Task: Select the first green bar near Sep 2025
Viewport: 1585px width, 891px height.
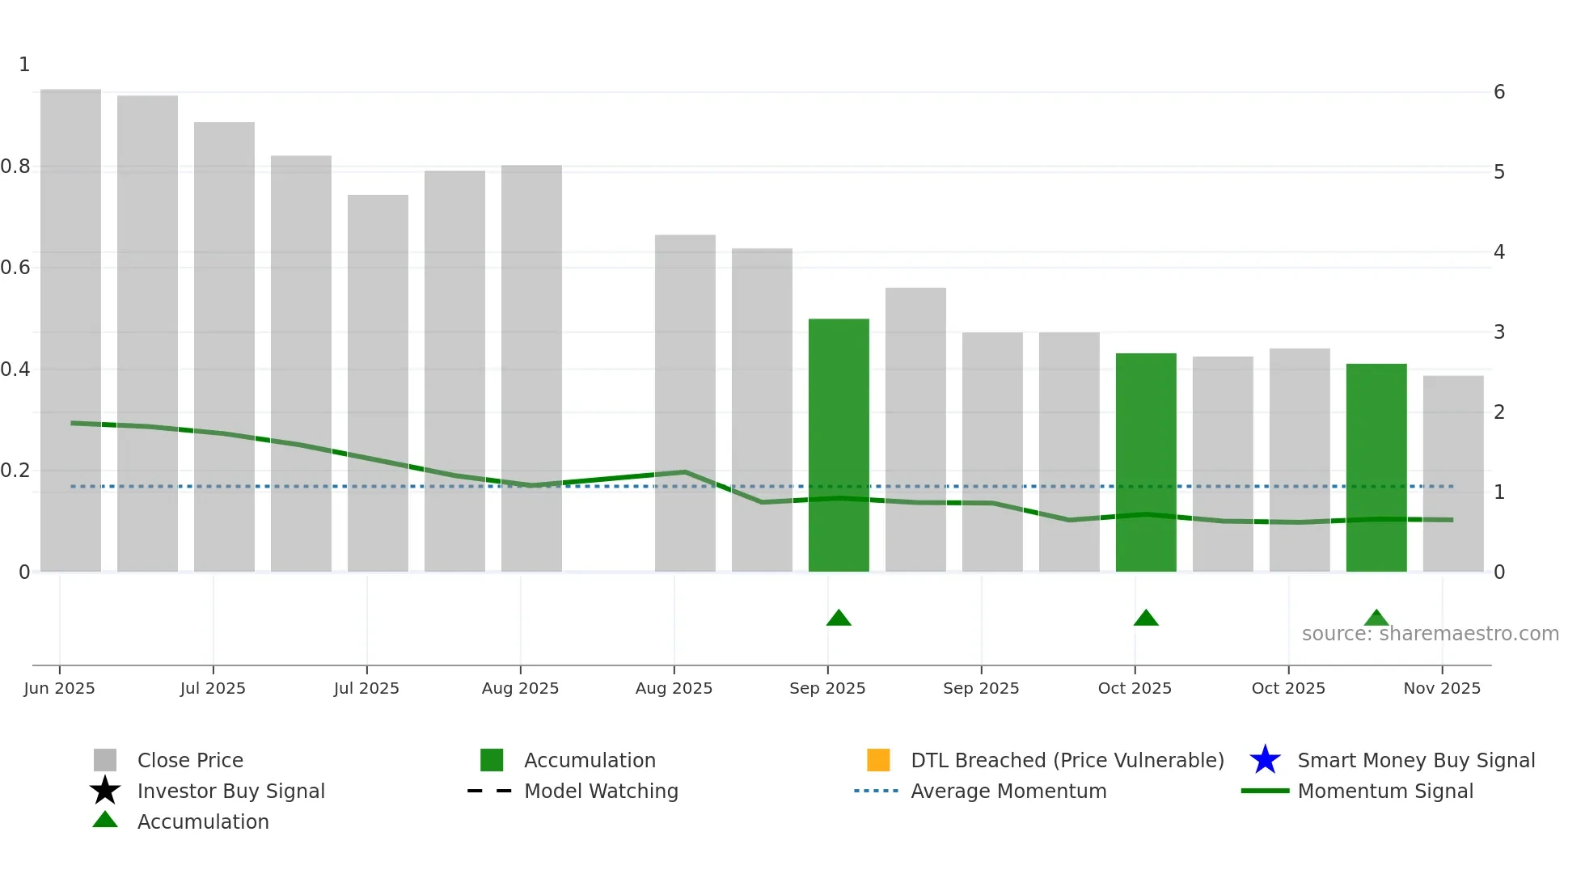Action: [839, 445]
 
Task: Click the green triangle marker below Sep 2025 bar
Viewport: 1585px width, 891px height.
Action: [839, 619]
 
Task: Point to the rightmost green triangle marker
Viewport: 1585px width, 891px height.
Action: [1376, 619]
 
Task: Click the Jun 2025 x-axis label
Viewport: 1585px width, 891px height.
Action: [59, 688]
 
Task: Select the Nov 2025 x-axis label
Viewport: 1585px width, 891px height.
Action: [1442, 688]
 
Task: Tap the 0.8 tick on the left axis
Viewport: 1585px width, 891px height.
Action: [15, 167]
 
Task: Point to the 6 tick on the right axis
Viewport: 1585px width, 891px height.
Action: [1499, 92]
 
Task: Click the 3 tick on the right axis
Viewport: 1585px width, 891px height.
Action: [1499, 332]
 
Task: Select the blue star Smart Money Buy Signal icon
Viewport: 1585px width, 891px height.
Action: [1265, 760]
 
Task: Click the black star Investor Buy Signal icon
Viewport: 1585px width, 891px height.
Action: [105, 791]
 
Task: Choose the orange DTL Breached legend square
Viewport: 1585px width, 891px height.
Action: [878, 760]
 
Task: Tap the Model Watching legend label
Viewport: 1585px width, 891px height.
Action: [601, 791]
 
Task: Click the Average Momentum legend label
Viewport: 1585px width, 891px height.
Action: [1008, 791]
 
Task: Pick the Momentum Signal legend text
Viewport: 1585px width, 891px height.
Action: [1385, 791]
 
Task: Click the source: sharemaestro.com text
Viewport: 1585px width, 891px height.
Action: [1430, 634]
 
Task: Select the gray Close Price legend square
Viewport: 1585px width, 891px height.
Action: [105, 760]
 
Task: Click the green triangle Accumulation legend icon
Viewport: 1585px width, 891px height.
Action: [105, 821]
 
